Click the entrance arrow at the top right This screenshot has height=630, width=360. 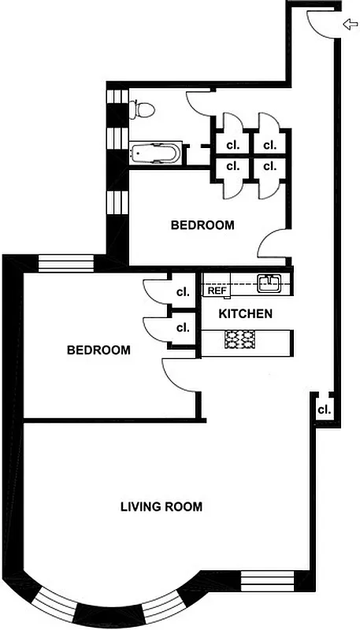[x=350, y=25]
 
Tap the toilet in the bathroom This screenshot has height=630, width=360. [x=142, y=109]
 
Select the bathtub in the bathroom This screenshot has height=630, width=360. [x=156, y=152]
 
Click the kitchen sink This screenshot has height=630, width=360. [x=269, y=281]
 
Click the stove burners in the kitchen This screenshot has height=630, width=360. [x=240, y=340]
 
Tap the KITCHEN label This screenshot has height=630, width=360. [x=246, y=313]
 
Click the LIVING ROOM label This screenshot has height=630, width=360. [x=161, y=506]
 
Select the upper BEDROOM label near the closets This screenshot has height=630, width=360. [x=202, y=224]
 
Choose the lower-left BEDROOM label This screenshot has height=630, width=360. [x=98, y=350]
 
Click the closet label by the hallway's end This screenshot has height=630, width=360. [x=324, y=409]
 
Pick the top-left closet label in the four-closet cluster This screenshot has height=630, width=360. [x=233, y=145]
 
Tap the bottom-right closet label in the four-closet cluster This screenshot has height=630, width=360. [x=269, y=166]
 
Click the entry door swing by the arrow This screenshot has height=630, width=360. [x=318, y=23]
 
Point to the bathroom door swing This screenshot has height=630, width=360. [x=197, y=102]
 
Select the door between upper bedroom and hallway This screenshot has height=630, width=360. [x=274, y=244]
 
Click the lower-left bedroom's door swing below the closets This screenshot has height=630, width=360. [x=176, y=373]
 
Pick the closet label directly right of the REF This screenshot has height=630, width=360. [x=184, y=291]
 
